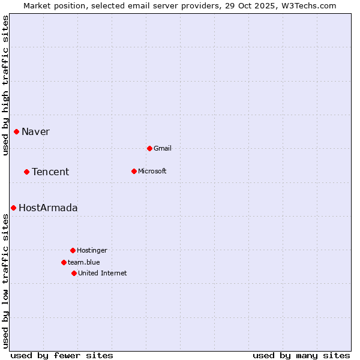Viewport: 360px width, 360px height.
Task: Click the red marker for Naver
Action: click(17, 132)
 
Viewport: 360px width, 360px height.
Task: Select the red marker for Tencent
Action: click(27, 172)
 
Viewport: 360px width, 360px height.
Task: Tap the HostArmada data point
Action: click(13, 208)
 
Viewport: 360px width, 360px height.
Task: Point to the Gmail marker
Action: click(149, 148)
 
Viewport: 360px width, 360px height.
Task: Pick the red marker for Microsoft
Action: click(134, 171)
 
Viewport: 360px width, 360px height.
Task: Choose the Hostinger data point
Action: click(73, 250)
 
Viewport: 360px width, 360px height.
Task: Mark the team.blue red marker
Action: click(64, 262)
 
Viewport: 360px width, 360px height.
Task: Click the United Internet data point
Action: click(74, 273)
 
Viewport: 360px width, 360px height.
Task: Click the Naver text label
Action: click(35, 132)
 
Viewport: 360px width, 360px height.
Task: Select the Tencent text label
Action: click(50, 172)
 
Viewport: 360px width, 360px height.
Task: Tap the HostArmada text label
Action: click(48, 208)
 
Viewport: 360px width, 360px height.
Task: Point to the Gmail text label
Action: click(163, 148)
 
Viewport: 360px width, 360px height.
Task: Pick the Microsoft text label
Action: click(152, 171)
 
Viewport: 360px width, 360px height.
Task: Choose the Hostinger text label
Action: click(92, 250)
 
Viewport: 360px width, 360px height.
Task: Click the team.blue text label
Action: click(84, 262)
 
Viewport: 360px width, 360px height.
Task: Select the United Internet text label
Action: click(103, 273)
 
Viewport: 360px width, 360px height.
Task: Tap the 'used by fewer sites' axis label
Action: click(62, 355)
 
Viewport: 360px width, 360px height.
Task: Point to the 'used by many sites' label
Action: click(301, 355)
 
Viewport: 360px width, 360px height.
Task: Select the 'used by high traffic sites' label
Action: click(5, 85)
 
